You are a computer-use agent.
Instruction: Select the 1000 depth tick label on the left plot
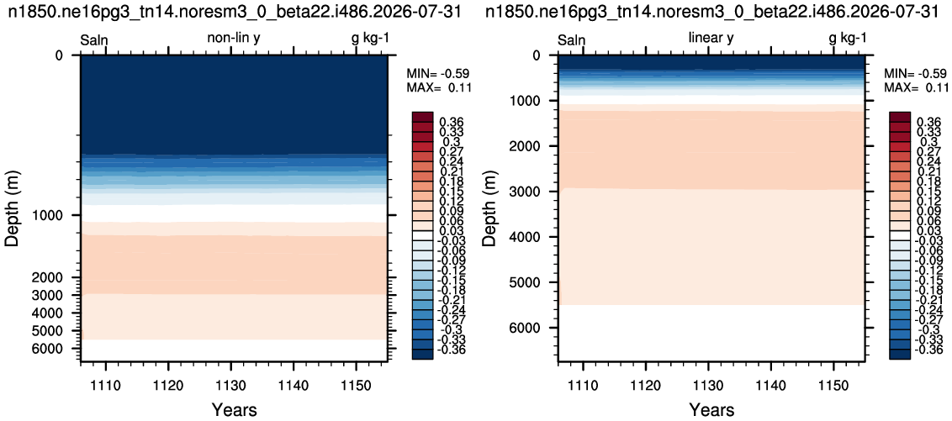(56, 215)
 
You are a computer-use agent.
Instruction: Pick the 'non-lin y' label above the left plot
(234, 39)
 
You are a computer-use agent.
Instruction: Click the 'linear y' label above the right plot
(711, 39)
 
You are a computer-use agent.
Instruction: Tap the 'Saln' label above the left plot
(94, 39)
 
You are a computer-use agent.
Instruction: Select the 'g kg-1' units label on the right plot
(848, 39)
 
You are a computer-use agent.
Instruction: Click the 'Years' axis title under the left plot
(234, 410)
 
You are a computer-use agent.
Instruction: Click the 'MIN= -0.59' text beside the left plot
(438, 75)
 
